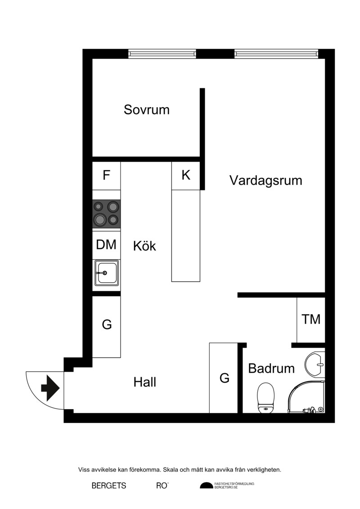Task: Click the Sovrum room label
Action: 146,110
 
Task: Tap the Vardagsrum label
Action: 266,180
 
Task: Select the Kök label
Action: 144,246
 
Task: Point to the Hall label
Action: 145,382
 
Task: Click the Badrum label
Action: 271,369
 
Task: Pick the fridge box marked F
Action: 107,176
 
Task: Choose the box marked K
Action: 186,176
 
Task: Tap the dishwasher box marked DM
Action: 107,245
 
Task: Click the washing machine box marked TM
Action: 311,320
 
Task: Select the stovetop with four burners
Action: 107,213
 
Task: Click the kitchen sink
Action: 107,273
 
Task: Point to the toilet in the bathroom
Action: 265,398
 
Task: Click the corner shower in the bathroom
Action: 306,396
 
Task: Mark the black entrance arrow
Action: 50,388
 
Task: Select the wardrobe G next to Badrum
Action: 224,378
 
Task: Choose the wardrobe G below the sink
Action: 107,327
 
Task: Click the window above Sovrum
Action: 162,54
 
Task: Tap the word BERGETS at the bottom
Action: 109,486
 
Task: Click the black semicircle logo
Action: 207,485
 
